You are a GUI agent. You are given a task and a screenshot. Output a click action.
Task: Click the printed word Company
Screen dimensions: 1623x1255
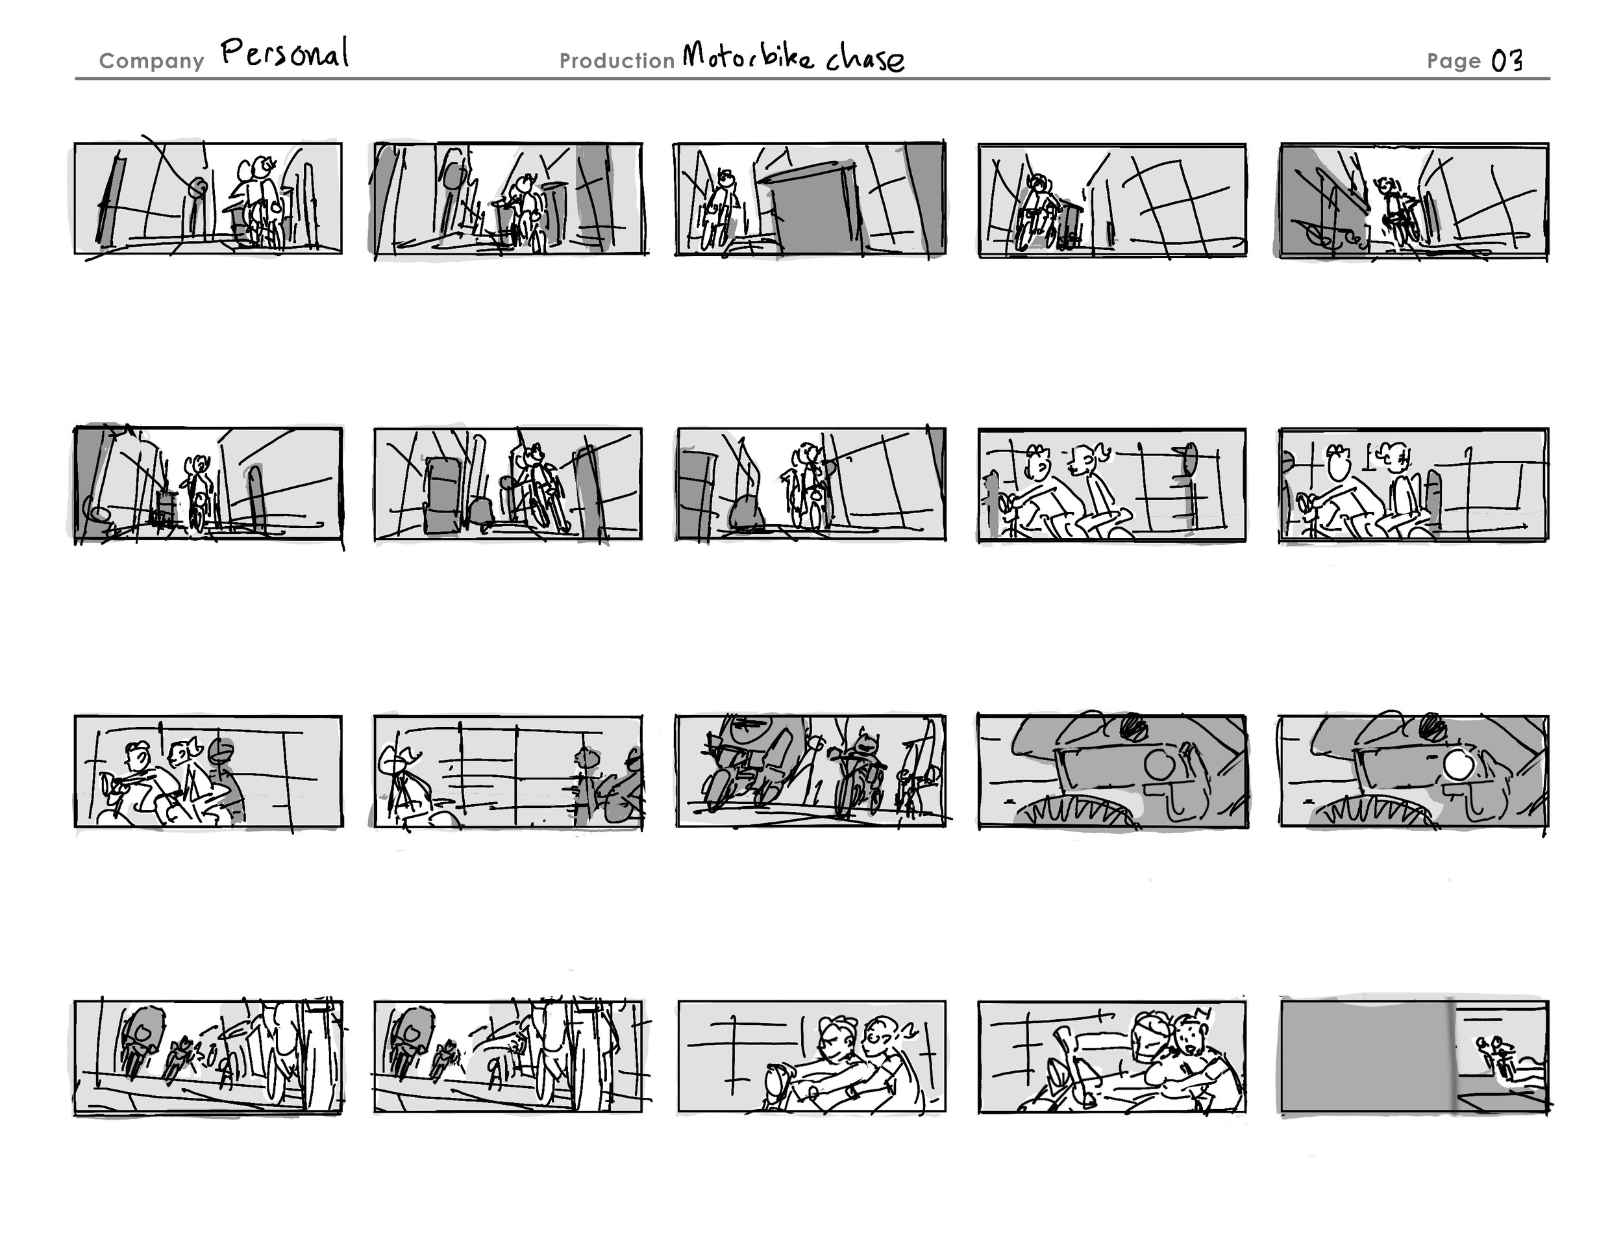coord(152,62)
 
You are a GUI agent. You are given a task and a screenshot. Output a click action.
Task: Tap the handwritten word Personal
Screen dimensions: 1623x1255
coord(284,53)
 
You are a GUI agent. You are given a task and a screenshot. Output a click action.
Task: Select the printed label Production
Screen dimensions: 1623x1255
coord(617,61)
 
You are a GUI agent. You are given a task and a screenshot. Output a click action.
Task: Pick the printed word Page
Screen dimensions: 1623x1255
coord(1454,62)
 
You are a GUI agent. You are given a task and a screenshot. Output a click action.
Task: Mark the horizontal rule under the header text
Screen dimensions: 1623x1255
coord(812,78)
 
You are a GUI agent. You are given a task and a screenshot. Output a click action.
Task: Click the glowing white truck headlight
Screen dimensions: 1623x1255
coord(1459,765)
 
